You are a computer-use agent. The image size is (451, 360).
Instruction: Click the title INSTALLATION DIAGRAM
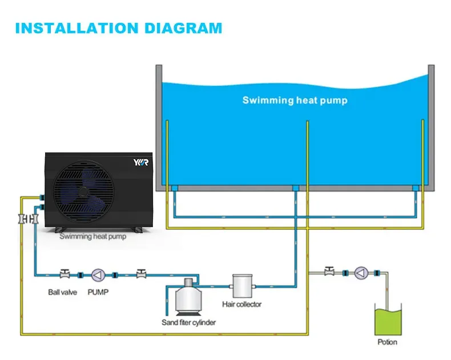click(118, 27)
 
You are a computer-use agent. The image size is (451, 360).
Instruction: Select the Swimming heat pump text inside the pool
click(295, 100)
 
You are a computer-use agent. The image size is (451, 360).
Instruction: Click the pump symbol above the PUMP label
click(98, 274)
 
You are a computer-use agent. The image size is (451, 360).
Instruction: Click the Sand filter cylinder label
click(188, 323)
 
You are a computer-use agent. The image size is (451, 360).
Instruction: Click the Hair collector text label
click(241, 304)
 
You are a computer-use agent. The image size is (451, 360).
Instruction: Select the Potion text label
click(388, 342)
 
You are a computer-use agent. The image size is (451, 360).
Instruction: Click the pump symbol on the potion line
click(361, 273)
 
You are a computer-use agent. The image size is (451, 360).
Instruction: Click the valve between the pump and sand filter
click(140, 274)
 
